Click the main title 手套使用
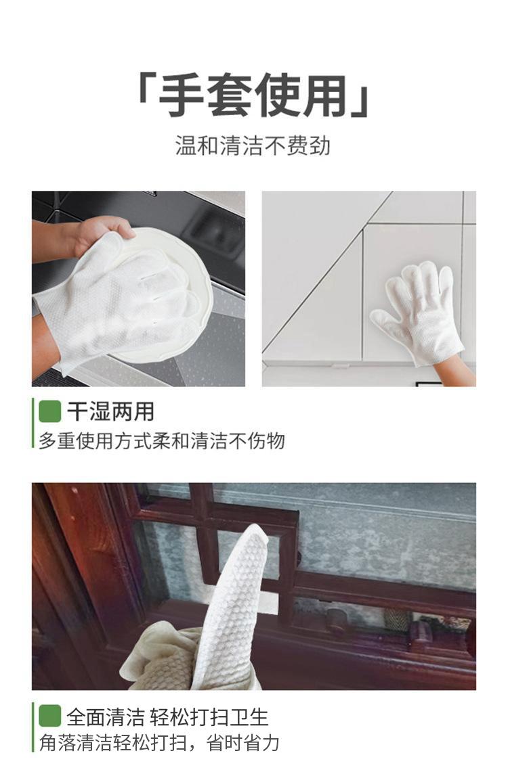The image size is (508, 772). [x=254, y=95]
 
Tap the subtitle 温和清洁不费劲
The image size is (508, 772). [x=253, y=145]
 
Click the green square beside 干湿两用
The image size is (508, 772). [x=49, y=411]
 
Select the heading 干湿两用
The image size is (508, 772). [x=111, y=411]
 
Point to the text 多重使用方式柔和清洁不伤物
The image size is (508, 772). [x=162, y=440]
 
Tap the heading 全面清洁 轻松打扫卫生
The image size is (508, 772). [x=167, y=717]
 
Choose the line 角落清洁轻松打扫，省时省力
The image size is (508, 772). [x=159, y=743]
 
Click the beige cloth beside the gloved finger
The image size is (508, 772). [x=163, y=657]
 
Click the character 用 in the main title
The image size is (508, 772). [x=326, y=95]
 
